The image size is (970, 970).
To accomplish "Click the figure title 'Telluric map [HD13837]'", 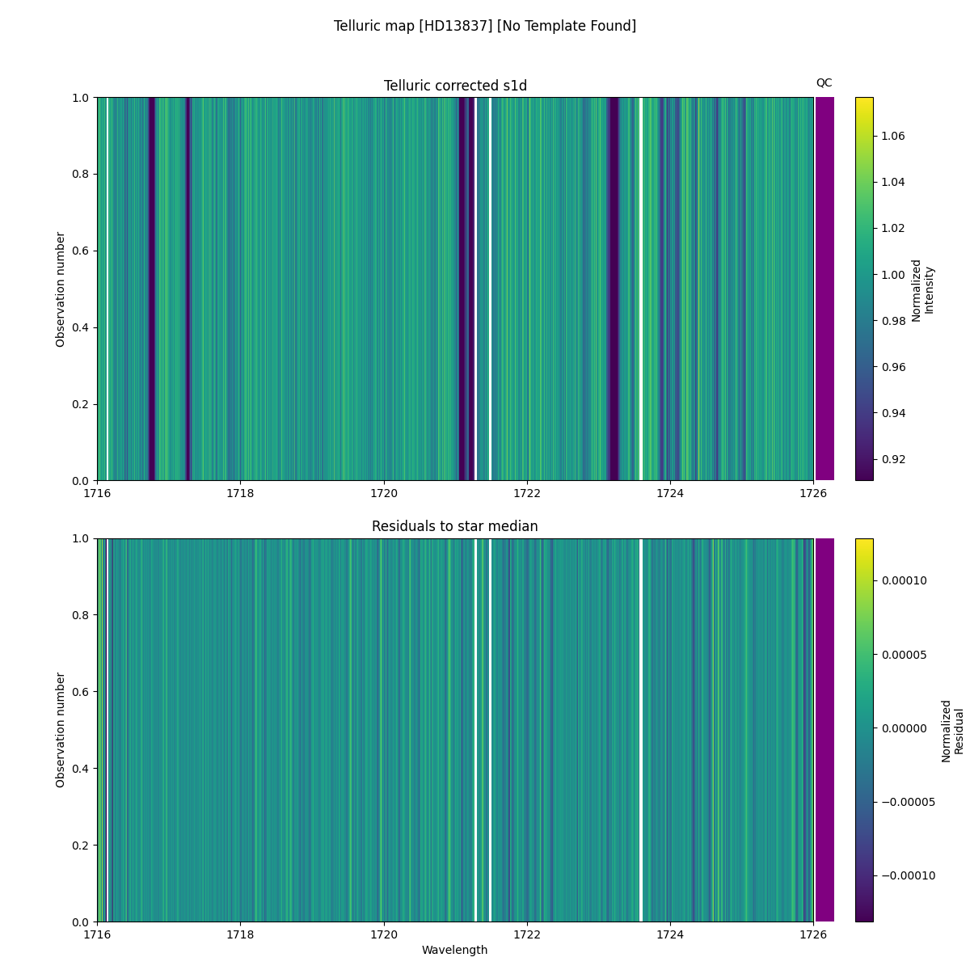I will point(485,26).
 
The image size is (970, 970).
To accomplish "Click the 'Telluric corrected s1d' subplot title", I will point(455,86).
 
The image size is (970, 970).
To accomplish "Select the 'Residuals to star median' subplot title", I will point(455,526).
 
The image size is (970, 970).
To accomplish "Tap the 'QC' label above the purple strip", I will point(824,82).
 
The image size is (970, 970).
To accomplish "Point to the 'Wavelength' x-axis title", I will point(455,950).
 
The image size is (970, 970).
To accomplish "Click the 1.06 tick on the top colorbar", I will point(894,136).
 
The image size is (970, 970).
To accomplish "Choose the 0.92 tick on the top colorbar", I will point(894,459).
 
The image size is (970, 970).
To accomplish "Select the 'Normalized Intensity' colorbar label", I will point(922,290).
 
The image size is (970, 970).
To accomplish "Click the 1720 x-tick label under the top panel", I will point(384,493).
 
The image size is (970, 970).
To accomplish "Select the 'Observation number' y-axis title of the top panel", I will point(61,289).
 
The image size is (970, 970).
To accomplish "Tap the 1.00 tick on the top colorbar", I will point(894,275).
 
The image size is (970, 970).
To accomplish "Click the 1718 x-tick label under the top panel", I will point(240,493).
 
